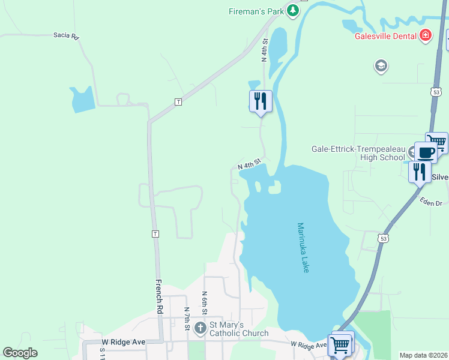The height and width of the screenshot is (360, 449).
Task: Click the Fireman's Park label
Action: tap(256, 11)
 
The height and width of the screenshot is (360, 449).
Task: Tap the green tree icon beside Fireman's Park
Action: tap(292, 10)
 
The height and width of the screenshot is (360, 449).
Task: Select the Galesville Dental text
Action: tap(385, 35)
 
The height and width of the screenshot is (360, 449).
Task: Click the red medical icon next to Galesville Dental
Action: tap(426, 35)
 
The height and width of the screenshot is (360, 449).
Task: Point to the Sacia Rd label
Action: tap(66, 37)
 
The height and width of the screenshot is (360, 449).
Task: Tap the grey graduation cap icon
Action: tap(381, 65)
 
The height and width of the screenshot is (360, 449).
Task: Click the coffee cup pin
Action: tap(426, 152)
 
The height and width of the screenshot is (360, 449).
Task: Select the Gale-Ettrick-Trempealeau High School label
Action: tap(358, 153)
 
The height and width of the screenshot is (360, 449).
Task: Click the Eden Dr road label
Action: tap(430, 203)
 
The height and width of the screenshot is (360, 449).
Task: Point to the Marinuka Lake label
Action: tap(303, 248)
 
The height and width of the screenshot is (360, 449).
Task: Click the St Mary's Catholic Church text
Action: tap(238, 329)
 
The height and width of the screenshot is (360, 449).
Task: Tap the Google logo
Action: tap(20, 353)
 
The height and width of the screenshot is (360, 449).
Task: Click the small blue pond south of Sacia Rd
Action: tap(82, 100)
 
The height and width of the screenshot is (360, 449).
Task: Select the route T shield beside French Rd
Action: tap(155, 233)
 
